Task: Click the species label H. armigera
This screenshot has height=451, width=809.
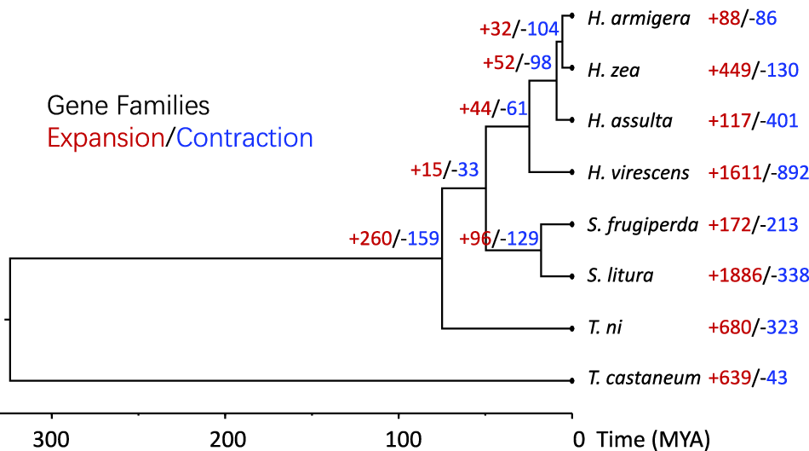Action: coord(639,18)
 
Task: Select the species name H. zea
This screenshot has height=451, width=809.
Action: coord(613,70)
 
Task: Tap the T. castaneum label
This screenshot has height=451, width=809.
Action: coord(644,378)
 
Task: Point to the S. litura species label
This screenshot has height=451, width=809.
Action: coord(620,275)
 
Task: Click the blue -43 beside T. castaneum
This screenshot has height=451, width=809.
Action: coord(772,378)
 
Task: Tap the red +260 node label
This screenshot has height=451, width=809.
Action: coord(370,239)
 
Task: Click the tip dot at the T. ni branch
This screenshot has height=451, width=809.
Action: coord(571,328)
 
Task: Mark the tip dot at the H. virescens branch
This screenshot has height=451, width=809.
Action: coord(571,172)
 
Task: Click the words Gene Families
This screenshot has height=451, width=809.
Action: coord(128,106)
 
